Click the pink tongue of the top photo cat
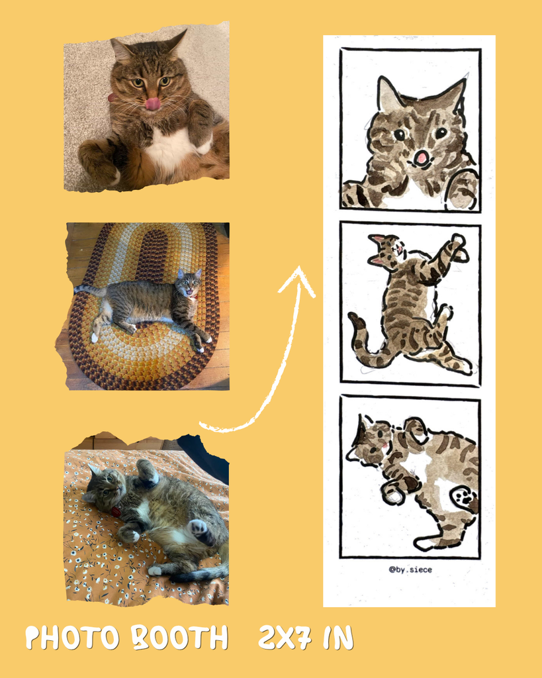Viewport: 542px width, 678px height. coord(152,104)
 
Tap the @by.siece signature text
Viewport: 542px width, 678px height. coord(410,569)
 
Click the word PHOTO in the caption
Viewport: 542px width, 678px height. coord(71,638)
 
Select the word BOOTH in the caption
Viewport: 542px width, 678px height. coord(179,638)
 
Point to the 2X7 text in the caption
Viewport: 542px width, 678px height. coord(285,638)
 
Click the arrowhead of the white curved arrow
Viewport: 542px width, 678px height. coord(298,280)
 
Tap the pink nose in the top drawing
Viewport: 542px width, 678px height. coord(420,158)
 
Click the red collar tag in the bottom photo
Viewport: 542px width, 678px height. coord(116,512)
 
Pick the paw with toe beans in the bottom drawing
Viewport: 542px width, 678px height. coord(465,498)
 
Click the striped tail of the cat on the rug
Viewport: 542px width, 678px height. coord(89,290)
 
